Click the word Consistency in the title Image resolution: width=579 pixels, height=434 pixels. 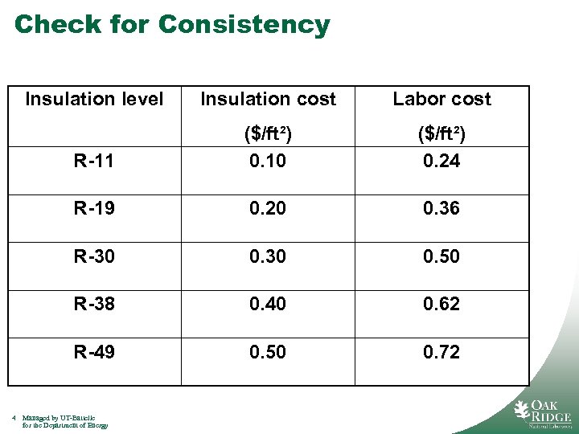pyautogui.click(x=244, y=25)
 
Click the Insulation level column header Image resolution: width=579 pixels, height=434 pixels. pyautogui.click(x=94, y=100)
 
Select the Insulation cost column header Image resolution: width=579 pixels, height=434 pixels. pyautogui.click(x=268, y=100)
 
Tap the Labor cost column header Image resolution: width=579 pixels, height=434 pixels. pyautogui.click(x=441, y=100)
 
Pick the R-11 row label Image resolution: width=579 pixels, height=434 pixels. pyautogui.click(x=94, y=162)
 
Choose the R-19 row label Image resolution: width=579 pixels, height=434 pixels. pyautogui.click(x=94, y=209)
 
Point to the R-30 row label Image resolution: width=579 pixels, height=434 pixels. pyautogui.click(x=94, y=256)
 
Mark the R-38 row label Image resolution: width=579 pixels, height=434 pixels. pyautogui.click(x=94, y=304)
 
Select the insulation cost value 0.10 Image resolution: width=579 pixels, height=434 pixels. pyautogui.click(x=268, y=162)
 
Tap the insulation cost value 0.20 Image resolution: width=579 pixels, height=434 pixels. pyautogui.click(x=268, y=209)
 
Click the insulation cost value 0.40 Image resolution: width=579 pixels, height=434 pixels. pyautogui.click(x=268, y=304)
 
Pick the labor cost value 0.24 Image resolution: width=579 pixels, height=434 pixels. pyautogui.click(x=441, y=162)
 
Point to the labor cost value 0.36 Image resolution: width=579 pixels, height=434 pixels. pyautogui.click(x=441, y=209)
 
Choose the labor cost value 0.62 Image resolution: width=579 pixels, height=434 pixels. pyautogui.click(x=441, y=304)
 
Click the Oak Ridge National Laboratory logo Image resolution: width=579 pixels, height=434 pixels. pyautogui.click(x=543, y=412)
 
